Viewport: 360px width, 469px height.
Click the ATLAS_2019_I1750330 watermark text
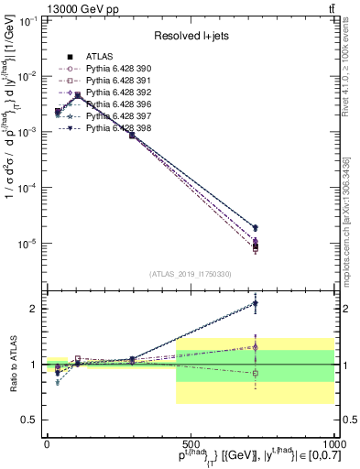[x=190, y=273]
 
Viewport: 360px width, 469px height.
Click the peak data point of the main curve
[x=78, y=94]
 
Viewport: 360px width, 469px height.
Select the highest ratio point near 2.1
[x=255, y=303]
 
